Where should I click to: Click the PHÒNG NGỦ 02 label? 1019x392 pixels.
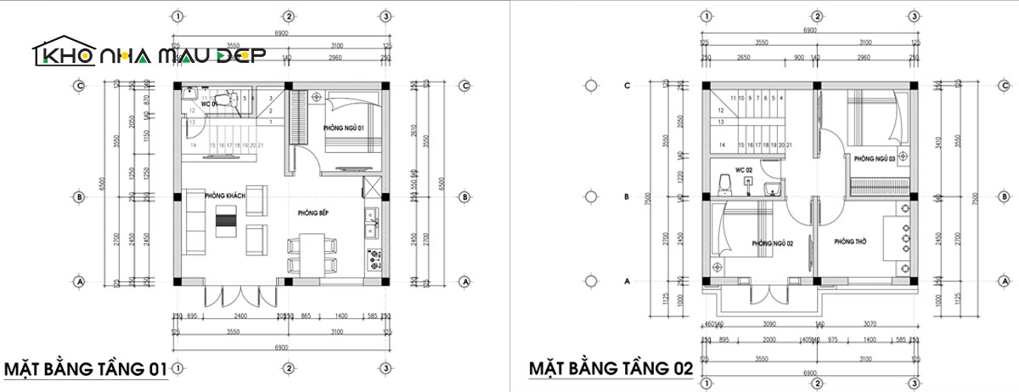772,243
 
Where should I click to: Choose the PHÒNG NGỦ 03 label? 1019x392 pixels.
875,159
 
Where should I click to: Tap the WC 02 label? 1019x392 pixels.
745,171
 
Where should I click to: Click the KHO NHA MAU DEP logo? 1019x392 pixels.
149,54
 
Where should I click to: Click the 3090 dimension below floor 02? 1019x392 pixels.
771,324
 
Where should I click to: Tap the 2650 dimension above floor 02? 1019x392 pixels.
744,57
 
